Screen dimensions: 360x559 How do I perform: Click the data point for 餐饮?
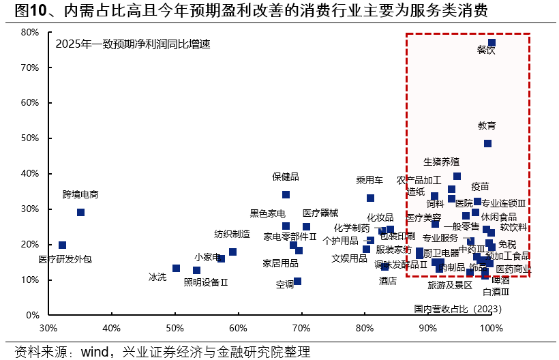click(x=492, y=43)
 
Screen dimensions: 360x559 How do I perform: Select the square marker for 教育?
click(x=487, y=143)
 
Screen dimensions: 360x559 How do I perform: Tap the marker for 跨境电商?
click(x=80, y=212)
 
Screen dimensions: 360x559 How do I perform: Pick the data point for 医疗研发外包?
click(x=62, y=245)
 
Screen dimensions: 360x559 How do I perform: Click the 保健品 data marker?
click(x=286, y=194)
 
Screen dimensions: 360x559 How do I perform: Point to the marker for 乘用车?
click(x=370, y=198)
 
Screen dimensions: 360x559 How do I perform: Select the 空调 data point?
click(x=297, y=281)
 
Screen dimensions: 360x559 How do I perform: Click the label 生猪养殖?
click(x=441, y=162)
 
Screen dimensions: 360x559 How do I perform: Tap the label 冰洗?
click(x=157, y=277)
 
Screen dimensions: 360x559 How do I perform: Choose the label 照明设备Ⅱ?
click(x=206, y=282)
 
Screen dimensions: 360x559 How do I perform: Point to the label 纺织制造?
click(x=232, y=234)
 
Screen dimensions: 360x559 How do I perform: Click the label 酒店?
click(x=388, y=281)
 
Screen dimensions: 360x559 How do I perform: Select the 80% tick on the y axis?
click(x=29, y=32)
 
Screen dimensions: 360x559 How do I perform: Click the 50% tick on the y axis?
click(x=29, y=138)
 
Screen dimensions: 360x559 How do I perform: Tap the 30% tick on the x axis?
click(x=48, y=327)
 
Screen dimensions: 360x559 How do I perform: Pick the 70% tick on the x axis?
click(x=301, y=327)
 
